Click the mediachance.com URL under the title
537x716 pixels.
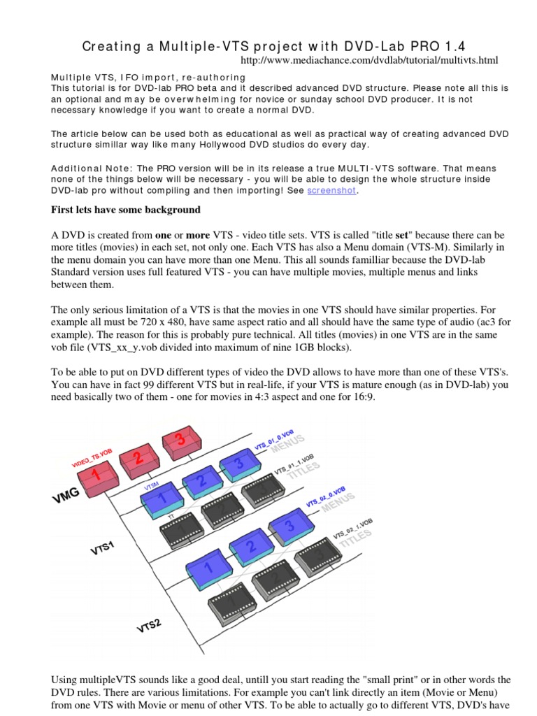[369, 62]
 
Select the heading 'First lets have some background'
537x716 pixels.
[127, 210]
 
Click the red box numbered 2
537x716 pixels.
[138, 461]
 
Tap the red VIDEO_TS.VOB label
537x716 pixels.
[92, 459]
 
